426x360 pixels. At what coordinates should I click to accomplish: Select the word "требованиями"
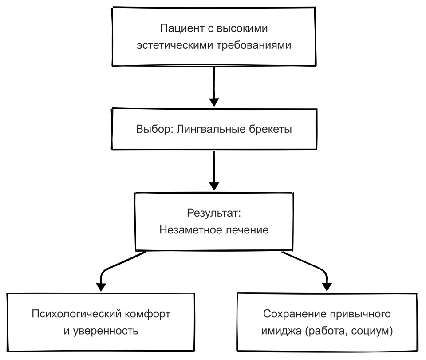pos(254,45)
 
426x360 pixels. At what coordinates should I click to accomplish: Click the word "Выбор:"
pos(154,129)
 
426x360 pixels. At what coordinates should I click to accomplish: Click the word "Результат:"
pos(214,213)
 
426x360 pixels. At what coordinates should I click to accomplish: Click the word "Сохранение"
pos(295,314)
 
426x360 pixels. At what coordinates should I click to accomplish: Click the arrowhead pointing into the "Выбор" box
pos(214,103)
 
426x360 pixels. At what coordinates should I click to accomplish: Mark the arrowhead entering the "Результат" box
pos(214,186)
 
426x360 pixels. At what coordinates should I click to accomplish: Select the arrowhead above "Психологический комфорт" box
pos(101,287)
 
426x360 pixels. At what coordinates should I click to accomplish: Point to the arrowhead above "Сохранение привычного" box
pos(327,287)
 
